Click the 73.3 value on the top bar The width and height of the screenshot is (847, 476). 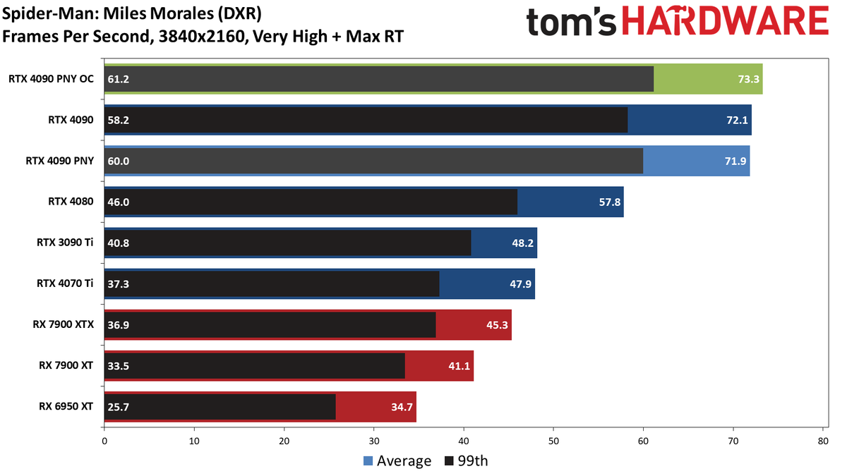pos(748,79)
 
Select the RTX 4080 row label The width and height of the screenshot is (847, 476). pos(71,202)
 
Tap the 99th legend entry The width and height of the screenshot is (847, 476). pos(467,461)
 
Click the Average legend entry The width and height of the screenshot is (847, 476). pos(397,461)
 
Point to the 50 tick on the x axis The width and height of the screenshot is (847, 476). pos(553,441)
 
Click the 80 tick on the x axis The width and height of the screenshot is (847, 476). pos(823,441)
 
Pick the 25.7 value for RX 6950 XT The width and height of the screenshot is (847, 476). pos(119,407)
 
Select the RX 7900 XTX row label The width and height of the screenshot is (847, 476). pos(63,324)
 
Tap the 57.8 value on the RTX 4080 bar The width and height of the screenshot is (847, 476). pos(610,202)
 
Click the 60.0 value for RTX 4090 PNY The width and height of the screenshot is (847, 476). pos(119,161)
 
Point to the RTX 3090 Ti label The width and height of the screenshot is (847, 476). pos(65,242)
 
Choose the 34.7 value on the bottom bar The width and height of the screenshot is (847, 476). pos(402,407)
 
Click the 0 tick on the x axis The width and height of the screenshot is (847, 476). pos(104,441)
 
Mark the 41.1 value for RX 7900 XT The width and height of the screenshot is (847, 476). pos(459,366)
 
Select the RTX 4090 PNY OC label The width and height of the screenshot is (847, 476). pos(51,78)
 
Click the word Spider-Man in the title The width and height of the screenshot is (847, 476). pos(50,13)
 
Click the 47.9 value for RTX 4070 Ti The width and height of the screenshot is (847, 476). pos(520,283)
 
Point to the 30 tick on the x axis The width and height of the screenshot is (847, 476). pos(373,441)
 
